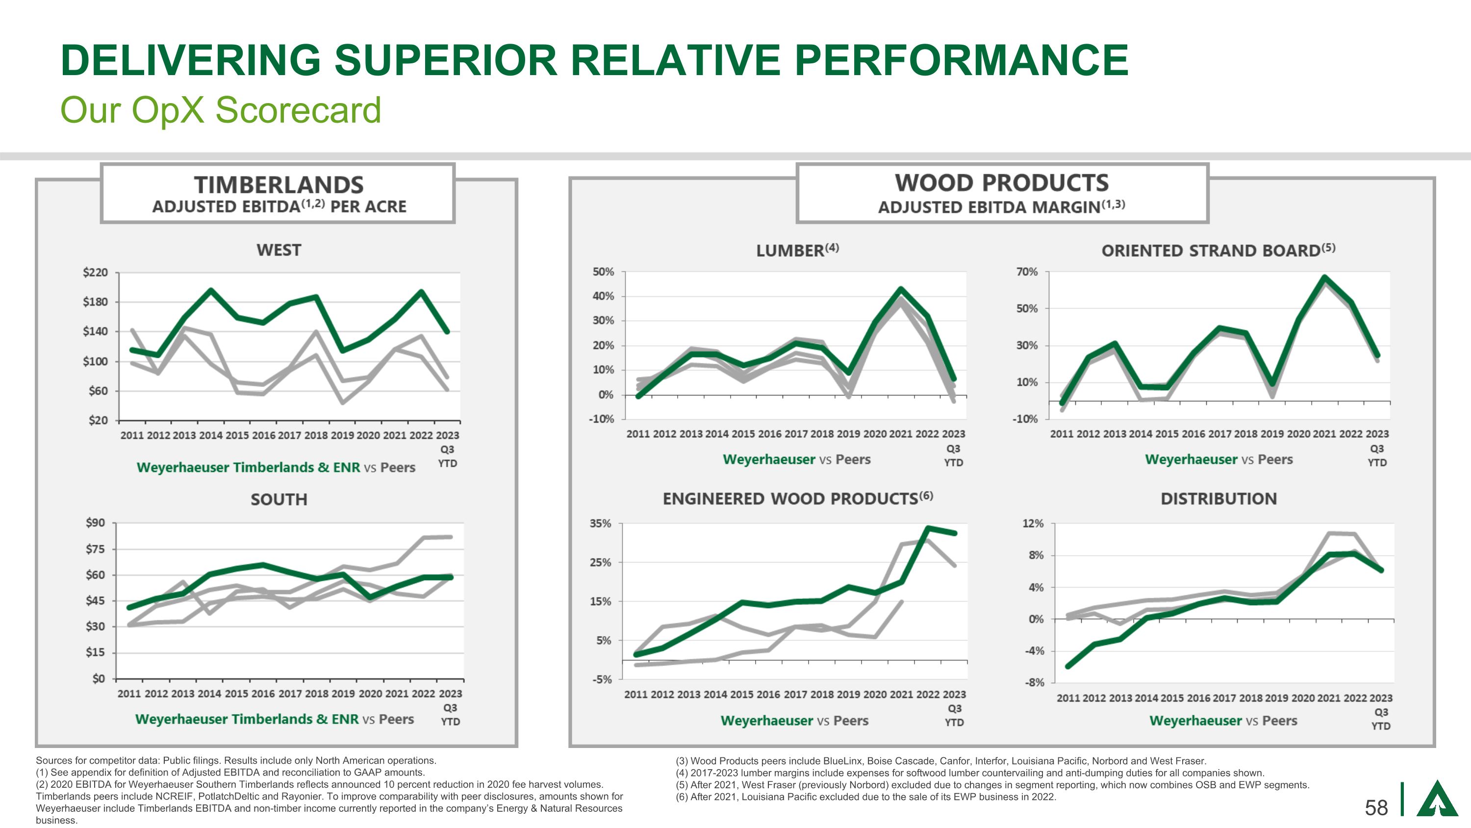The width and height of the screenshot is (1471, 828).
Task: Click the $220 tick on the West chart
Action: pos(95,272)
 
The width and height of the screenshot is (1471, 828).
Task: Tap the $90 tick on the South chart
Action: pos(95,523)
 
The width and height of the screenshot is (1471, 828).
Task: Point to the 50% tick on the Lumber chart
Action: pos(603,272)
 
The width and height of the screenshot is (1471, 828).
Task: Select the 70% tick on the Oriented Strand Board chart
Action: pos(1027,272)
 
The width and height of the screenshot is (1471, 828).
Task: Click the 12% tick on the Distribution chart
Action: pos(1033,523)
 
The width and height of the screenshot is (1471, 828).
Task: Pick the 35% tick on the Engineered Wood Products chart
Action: pos(600,523)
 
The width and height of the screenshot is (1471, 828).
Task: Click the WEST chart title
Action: pos(279,250)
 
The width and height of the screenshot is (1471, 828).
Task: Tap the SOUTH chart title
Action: pos(279,500)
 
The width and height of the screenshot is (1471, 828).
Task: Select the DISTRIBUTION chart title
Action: pos(1218,499)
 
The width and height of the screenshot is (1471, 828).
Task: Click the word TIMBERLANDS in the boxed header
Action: pos(279,185)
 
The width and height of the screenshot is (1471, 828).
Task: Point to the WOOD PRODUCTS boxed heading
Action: pos(1002,184)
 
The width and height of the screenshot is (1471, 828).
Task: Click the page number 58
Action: pos(1376,807)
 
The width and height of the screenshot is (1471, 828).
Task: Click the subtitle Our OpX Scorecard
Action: pos(221,110)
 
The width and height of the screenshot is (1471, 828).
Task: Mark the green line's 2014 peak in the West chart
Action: pos(211,290)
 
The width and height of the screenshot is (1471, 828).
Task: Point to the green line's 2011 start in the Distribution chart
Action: pos(1068,667)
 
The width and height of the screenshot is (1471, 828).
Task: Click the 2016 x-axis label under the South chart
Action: pos(263,694)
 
